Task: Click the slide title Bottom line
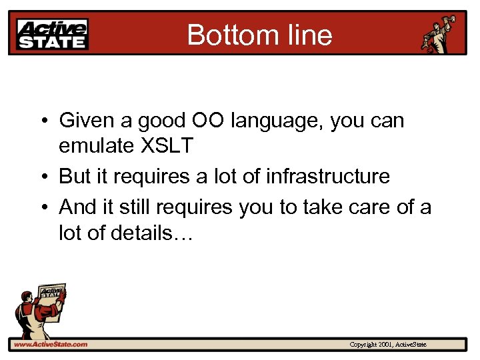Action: [x=259, y=34]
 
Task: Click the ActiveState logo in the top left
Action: [x=52, y=34]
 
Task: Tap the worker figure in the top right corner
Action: [x=439, y=33]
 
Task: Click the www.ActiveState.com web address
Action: [x=51, y=344]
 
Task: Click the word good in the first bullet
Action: [x=153, y=121]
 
